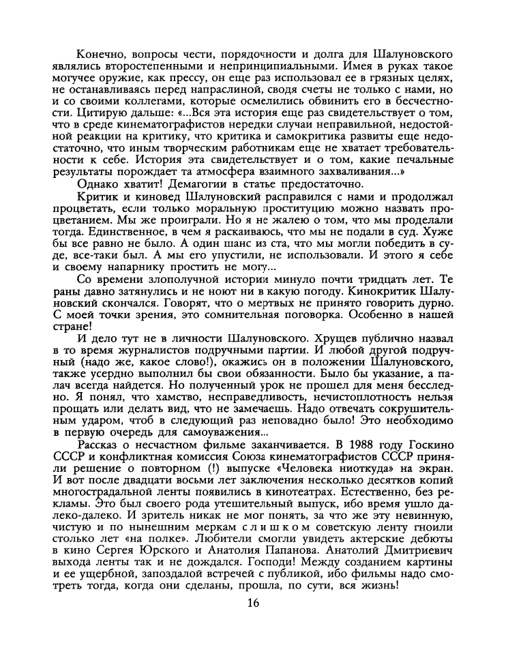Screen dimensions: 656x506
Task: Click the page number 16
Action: click(x=253, y=602)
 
